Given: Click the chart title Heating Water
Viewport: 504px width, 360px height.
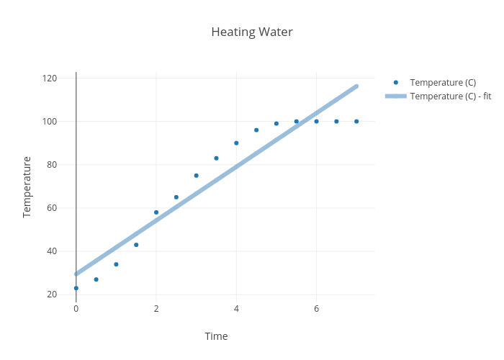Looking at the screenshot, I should click(252, 32).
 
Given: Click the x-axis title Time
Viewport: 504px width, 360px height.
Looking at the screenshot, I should click(216, 336).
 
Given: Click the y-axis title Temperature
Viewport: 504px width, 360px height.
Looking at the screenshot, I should click(27, 186).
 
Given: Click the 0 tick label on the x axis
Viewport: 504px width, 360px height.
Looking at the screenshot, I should click(76, 309).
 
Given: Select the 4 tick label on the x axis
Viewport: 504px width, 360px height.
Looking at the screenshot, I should click(236, 309).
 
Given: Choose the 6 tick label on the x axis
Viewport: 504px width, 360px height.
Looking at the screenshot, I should click(316, 309).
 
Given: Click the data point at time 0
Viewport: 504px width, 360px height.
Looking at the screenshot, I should click(76, 288).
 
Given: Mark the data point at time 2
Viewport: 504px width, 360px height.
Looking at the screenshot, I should click(156, 212).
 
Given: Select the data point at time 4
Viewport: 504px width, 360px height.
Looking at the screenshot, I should click(236, 143).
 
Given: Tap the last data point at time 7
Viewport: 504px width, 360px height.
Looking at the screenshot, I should click(356, 122).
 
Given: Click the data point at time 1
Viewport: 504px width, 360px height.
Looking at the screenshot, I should click(116, 264).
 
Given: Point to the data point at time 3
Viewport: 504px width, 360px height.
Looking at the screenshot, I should click(196, 176).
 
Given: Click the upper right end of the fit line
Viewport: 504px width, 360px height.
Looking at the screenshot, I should click(356, 86).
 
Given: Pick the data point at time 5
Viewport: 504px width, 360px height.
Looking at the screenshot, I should click(276, 124).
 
